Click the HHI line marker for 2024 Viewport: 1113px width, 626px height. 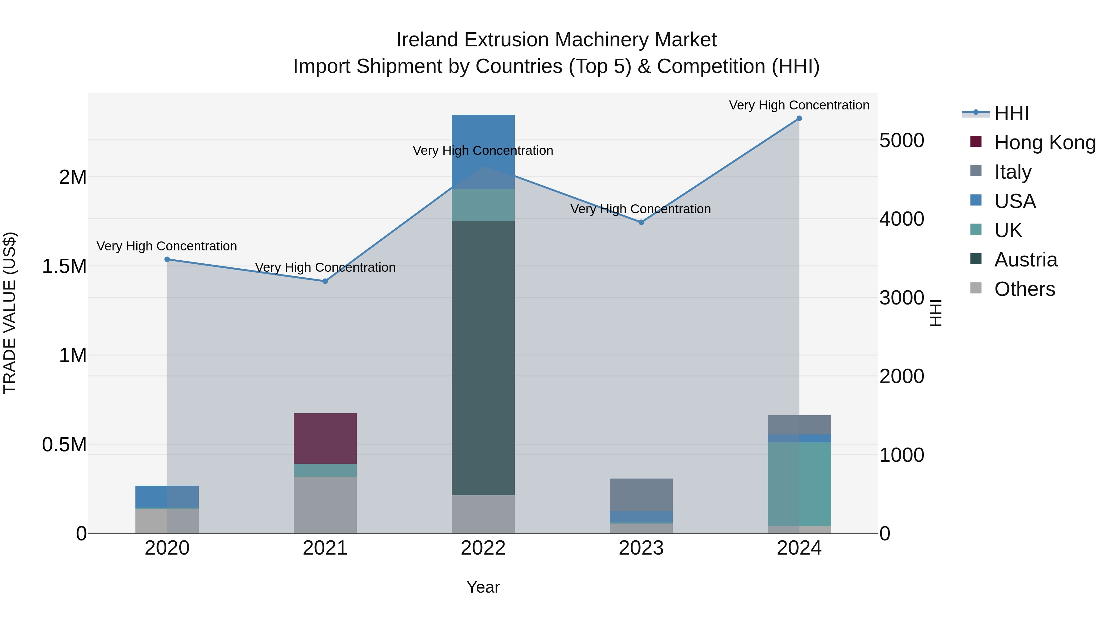799,118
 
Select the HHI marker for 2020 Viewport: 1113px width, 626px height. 167,259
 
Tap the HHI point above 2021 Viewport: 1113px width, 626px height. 325,281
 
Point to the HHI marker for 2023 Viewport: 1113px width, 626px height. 641,222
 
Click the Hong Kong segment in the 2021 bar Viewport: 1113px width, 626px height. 325,438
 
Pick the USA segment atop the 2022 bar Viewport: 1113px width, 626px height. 483,151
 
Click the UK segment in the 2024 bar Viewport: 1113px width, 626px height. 799,484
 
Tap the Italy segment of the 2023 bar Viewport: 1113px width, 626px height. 641,494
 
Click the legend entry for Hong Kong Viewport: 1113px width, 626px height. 1045,143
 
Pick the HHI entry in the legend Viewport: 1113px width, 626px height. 1011,113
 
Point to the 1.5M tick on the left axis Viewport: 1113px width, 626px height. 64,266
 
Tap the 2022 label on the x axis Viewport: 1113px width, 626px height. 483,548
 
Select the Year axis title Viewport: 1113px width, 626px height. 483,587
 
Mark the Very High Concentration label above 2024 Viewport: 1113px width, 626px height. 799,105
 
